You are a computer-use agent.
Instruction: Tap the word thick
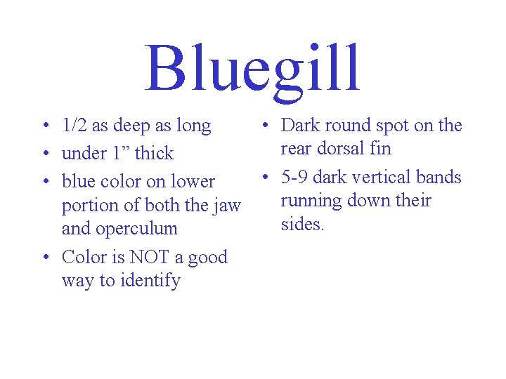coord(154,153)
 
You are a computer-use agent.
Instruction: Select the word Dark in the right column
coord(300,126)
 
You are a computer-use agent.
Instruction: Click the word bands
coord(440,177)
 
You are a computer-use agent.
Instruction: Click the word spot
coord(395,126)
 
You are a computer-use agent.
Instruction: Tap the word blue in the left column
coord(77,181)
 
